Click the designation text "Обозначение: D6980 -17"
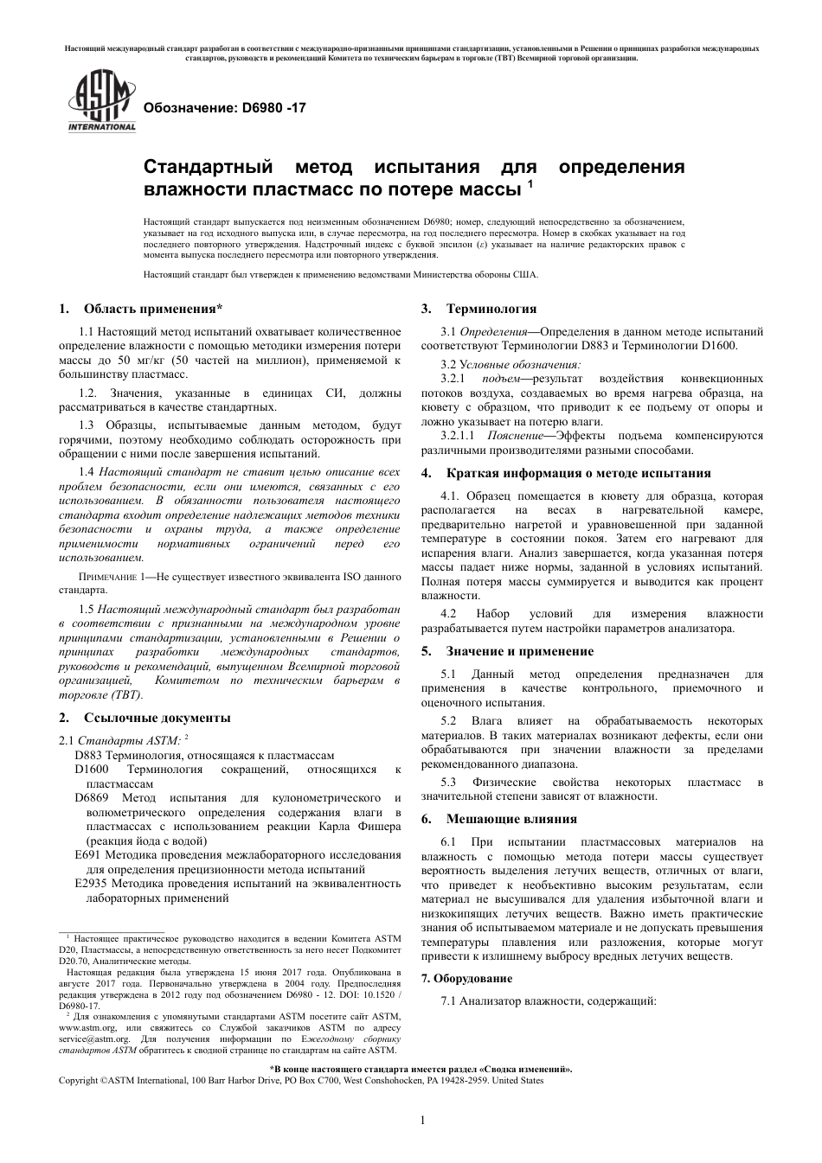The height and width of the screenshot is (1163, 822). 223,109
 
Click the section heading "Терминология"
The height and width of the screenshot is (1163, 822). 491,309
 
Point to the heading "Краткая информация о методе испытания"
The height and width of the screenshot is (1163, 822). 578,473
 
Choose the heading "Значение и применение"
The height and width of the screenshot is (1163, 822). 519,651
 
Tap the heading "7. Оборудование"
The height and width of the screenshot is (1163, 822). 466,978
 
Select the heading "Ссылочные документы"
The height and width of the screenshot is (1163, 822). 157,717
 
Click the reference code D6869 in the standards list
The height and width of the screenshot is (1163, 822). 93,797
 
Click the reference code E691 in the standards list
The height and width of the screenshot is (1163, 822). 89,854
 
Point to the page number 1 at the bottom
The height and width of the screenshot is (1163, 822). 421,1121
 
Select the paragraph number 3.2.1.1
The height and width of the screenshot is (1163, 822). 459,436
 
